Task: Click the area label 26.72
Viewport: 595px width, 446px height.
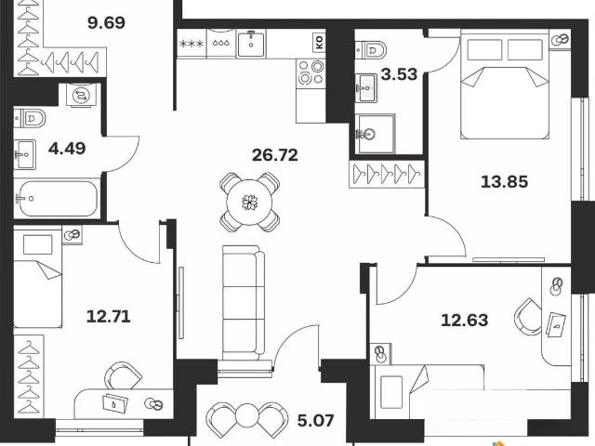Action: pos(275,155)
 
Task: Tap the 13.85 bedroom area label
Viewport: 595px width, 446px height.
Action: pos(504,182)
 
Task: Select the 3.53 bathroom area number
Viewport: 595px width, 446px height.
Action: pos(399,74)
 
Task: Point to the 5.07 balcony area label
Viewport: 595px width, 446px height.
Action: pos(315,420)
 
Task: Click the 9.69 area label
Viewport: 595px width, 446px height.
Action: pos(106,22)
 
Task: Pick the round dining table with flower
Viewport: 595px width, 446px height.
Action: pos(250,203)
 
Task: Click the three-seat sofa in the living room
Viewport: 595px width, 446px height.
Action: pos(244,303)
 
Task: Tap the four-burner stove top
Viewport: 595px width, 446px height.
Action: pos(311,72)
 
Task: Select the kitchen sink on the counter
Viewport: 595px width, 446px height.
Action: pos(251,44)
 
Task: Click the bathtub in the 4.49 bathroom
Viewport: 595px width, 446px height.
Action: pos(56,198)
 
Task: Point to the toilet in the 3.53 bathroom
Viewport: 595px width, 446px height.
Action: pos(371,49)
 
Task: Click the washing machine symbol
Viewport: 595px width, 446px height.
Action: pos(81,95)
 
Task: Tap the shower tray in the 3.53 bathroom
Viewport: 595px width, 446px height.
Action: pos(375,134)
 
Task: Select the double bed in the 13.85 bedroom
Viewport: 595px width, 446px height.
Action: pos(505,86)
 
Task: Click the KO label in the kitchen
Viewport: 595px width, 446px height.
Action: pos(319,43)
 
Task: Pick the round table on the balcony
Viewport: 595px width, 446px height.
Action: pos(247,416)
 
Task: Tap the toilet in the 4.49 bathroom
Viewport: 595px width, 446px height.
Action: pos(30,118)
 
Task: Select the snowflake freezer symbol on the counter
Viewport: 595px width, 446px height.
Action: pos(192,44)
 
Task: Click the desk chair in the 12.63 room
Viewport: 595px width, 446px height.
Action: pos(528,317)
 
